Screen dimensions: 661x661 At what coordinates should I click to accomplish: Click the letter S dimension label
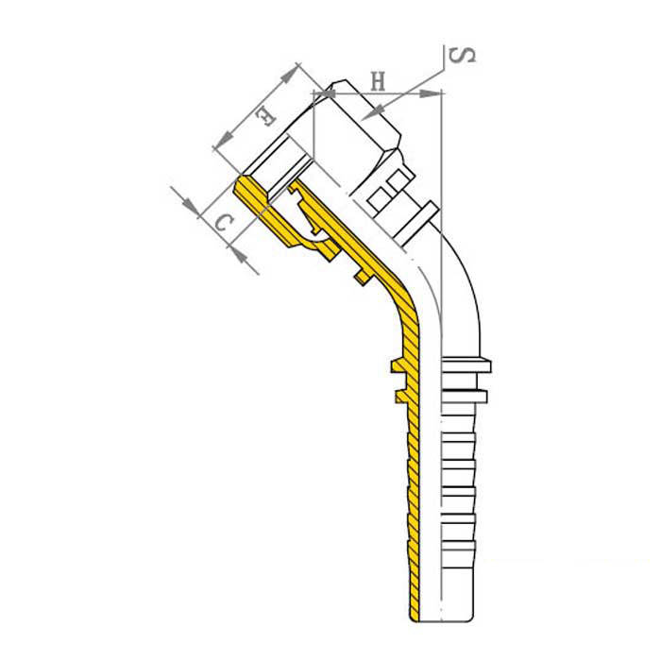[463, 56]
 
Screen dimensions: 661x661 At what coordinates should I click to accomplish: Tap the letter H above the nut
[378, 81]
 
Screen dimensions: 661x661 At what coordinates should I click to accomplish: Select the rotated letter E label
[266, 117]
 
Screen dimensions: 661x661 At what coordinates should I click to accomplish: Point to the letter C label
[224, 222]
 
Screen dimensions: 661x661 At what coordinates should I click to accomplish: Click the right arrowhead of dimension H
[431, 93]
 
